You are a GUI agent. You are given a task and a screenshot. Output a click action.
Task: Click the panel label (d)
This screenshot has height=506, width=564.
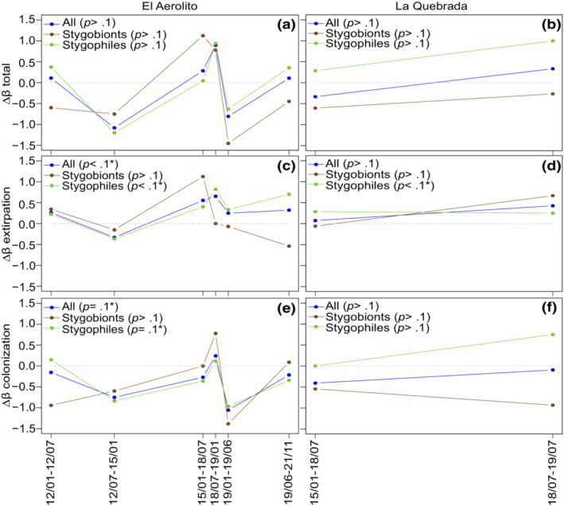[x=546, y=166]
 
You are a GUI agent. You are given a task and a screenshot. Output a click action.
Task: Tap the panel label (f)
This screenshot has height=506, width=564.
[x=546, y=308]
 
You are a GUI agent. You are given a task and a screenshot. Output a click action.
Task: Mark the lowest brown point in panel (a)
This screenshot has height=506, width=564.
[x=228, y=143]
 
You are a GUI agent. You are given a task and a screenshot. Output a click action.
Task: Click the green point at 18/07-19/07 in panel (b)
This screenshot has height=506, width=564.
[x=551, y=41]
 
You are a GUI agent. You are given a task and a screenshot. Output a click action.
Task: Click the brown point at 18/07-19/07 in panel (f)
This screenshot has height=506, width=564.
[x=551, y=405]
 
